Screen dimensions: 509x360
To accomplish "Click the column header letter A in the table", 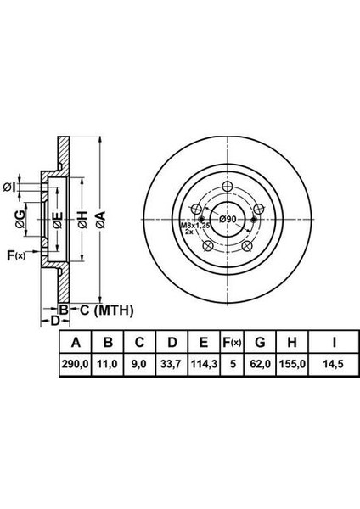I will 76,343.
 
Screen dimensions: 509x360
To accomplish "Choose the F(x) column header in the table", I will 230,343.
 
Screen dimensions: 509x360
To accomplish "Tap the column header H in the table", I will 291,343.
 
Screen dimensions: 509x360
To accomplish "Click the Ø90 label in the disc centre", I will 227,219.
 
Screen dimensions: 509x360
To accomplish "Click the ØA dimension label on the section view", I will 101,221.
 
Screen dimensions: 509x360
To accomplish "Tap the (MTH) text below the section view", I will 113,310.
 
